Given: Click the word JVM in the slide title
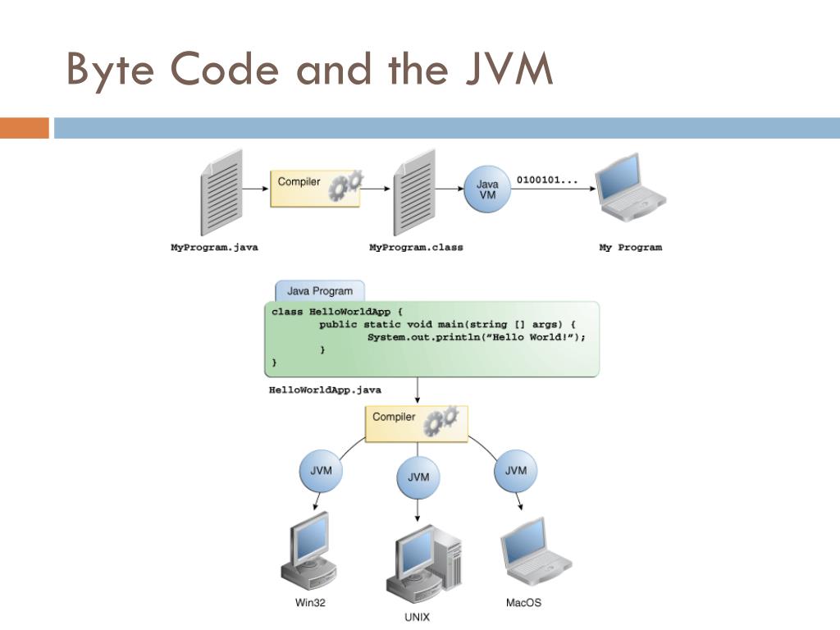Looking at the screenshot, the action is coord(509,69).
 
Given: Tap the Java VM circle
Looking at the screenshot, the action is coord(487,189).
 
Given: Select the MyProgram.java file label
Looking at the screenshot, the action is coord(214,248).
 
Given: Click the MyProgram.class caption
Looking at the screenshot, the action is coord(416,248).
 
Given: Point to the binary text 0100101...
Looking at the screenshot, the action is coord(547,180).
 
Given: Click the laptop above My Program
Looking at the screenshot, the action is coord(631,188).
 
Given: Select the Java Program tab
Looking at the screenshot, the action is coord(320,291).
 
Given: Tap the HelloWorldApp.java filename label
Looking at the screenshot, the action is coord(325,390).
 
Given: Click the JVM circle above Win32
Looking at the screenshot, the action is coord(321,471).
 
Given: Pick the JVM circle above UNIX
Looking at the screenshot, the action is coord(418,477).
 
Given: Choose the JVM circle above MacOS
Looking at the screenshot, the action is coord(515,471).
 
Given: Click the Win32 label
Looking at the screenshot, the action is coord(310,603).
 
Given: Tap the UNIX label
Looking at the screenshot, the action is coord(417,617).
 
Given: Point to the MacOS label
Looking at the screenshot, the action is coord(523,603).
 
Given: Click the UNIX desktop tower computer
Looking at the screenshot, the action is coord(424,564).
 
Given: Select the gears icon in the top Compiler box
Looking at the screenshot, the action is coord(345,185).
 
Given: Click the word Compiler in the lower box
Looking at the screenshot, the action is coord(394,417).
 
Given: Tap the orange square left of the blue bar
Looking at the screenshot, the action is coord(25,128).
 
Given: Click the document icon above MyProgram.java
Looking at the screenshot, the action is coord(221,193).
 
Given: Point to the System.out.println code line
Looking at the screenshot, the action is coord(477,337).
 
